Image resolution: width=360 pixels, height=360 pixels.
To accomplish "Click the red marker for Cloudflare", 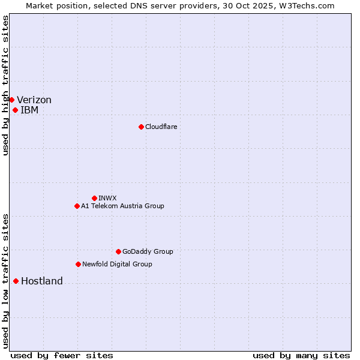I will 141,127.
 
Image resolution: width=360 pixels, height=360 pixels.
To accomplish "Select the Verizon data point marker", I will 11,100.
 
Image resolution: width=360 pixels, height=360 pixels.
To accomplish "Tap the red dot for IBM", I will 15,110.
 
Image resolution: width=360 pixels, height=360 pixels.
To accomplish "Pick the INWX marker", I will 94,198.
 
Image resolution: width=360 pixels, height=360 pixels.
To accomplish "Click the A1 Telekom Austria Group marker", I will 77,206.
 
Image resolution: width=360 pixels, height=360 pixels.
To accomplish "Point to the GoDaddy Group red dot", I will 118,251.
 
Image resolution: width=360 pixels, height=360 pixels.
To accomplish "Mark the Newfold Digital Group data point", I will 78,264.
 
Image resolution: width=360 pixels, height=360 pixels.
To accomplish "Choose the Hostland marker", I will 16,281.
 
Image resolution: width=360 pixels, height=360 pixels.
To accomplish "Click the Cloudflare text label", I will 161,127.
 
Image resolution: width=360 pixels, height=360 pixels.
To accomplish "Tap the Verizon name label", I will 34,100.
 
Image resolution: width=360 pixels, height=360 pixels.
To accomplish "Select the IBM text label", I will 29,110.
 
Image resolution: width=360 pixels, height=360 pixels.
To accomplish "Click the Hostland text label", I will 42,281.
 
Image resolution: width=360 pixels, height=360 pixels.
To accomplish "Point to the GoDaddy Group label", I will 148,251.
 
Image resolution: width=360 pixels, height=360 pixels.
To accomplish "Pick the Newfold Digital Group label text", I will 117,264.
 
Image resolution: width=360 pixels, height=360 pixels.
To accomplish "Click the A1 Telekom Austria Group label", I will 122,206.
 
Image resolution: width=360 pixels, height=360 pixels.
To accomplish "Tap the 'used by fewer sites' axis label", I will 62,355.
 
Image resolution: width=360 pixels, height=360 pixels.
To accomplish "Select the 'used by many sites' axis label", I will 301,355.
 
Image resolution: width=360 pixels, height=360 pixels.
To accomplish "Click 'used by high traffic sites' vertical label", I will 5,85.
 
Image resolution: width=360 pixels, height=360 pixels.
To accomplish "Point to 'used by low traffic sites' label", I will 5,280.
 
